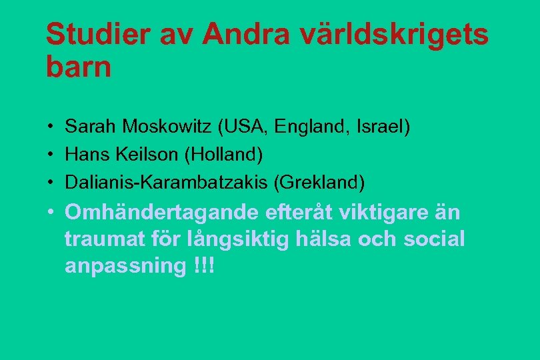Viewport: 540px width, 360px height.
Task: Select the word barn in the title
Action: pyautogui.click(x=79, y=68)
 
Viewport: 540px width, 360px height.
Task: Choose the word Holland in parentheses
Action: pyautogui.click(x=226, y=154)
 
